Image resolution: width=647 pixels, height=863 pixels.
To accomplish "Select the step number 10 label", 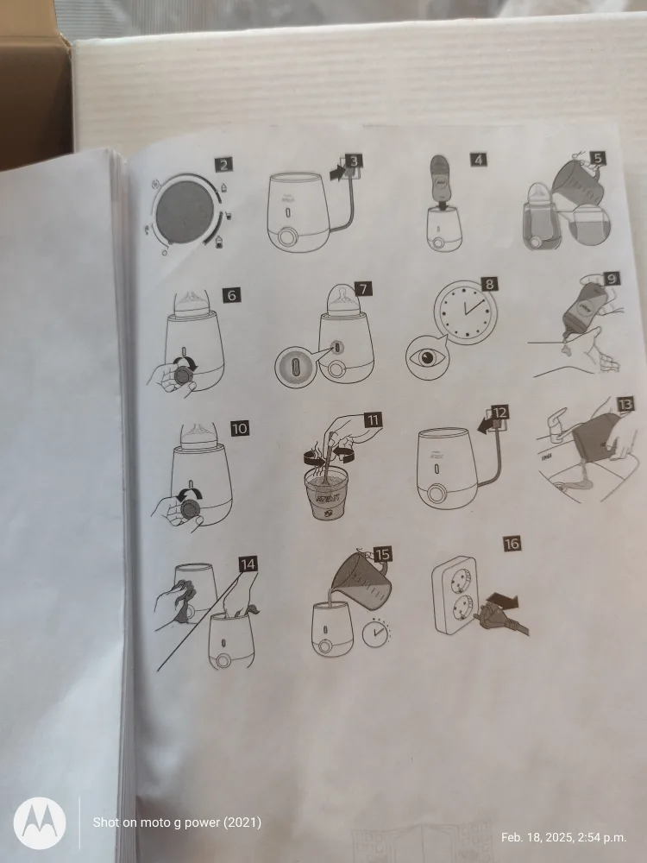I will (240, 427).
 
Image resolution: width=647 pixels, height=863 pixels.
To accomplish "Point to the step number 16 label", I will (512, 543).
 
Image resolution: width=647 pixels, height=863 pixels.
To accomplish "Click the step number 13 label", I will (625, 403).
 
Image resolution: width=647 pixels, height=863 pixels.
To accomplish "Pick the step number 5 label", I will (598, 158).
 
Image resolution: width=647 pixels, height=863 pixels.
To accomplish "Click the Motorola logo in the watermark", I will (39, 823).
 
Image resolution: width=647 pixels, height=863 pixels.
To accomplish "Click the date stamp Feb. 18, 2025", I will (563, 836).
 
